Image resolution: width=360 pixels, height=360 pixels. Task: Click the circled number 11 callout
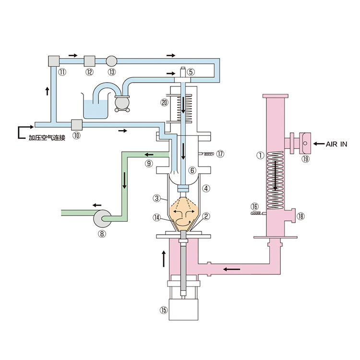coord(62,72)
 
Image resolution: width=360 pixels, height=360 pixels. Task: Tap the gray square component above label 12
coord(90,61)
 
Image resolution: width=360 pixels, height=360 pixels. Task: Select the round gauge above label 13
coord(111,61)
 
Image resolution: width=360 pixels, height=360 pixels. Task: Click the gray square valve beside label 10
coord(77,125)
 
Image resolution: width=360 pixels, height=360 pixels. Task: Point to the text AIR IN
coord(336,144)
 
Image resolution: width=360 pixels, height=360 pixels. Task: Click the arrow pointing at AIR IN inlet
coord(319,144)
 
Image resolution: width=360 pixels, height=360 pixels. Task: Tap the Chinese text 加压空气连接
coord(47,138)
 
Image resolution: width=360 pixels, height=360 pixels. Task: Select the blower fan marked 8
coord(102,218)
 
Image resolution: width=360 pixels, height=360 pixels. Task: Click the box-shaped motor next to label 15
coord(183,310)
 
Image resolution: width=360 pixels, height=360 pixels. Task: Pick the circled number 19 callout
coord(305,159)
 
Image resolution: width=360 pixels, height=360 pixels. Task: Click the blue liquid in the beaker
coord(96,109)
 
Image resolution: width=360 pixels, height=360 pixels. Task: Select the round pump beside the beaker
coord(122,103)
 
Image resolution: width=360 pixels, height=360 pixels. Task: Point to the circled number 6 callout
coord(192,170)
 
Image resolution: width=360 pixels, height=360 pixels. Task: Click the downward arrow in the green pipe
coord(124,180)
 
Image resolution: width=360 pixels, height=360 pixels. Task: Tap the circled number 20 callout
coord(164,102)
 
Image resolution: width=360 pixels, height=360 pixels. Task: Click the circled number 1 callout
coord(260,156)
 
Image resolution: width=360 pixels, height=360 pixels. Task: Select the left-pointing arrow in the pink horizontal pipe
coord(232,269)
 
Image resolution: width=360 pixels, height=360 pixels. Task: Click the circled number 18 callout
coord(300,216)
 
